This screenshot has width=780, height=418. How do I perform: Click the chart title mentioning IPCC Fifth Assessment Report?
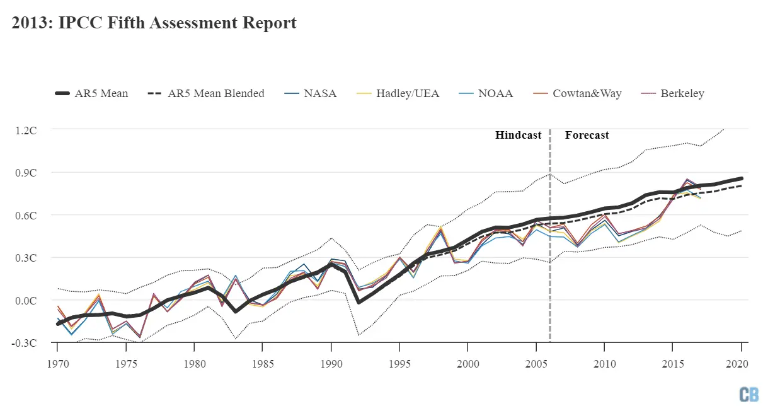point(154,23)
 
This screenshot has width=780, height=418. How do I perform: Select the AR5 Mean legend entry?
point(92,93)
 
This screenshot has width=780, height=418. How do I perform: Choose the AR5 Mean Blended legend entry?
point(207,93)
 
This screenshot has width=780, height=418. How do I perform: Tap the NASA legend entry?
point(311,93)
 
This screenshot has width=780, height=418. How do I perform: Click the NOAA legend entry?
point(485,93)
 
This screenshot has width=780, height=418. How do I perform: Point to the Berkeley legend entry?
point(672,93)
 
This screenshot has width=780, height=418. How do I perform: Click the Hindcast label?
point(518,135)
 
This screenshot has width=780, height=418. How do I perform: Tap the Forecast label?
point(587,135)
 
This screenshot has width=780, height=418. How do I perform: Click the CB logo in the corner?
point(749,395)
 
